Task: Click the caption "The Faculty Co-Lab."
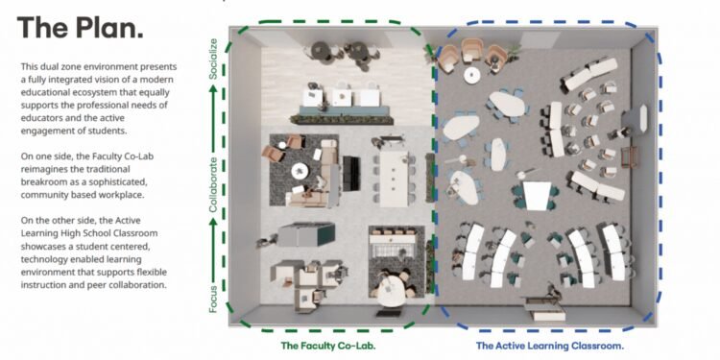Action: [x=327, y=345]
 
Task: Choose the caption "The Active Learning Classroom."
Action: [x=550, y=345]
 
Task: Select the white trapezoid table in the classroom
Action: [x=537, y=195]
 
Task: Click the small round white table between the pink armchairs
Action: [x=470, y=74]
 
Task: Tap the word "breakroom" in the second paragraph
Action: [x=51, y=195]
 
